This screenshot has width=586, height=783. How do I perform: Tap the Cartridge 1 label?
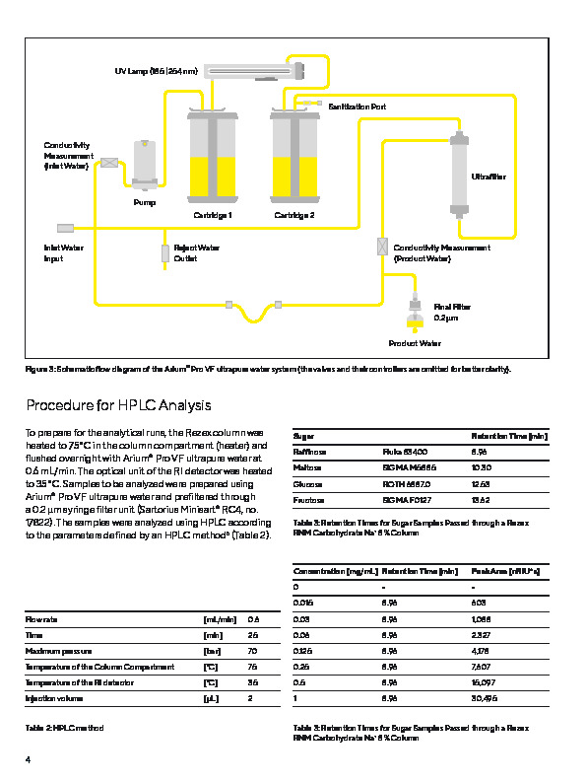point(212,214)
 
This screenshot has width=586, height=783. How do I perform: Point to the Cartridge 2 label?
point(294,214)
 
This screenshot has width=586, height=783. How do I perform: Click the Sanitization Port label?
point(357,106)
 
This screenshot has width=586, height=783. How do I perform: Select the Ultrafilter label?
point(488,177)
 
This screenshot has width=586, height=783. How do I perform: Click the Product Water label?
point(415,343)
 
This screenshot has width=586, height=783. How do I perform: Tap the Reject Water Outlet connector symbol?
point(165,252)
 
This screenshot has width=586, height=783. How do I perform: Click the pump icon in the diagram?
point(145,164)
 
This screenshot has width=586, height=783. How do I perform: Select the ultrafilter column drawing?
point(456,175)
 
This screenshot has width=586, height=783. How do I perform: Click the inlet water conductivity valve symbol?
point(109,162)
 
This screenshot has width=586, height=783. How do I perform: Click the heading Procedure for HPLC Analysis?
point(118,405)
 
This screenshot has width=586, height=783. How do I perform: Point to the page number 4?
point(29,759)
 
